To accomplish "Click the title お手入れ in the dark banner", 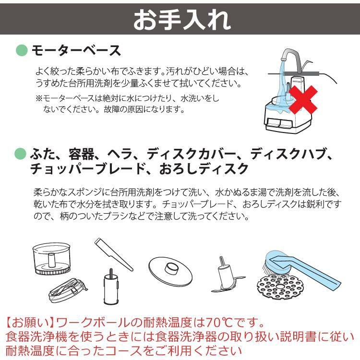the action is [x=182, y=20].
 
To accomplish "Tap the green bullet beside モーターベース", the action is [x=22, y=50].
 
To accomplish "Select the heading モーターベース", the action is [x=76, y=50].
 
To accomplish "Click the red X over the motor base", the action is [x=303, y=99].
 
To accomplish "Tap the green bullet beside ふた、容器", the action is [x=21, y=154].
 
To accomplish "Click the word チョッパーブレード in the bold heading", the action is [x=87, y=169].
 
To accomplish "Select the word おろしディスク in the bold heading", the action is [x=204, y=169].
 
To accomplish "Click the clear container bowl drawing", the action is [x=52, y=259].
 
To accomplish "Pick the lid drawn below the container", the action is [x=68, y=290].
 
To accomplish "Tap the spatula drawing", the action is [x=114, y=254].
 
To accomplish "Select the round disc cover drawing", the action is [x=170, y=272].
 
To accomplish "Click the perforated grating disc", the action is [x=280, y=287].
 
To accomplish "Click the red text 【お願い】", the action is [x=30, y=323].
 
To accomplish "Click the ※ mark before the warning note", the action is [x=39, y=99].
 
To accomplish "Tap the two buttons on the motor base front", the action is [x=279, y=124].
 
